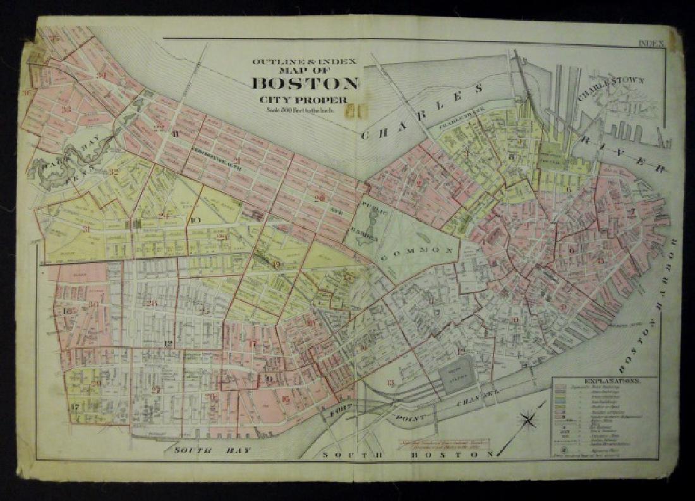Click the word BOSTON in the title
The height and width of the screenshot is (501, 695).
point(306,83)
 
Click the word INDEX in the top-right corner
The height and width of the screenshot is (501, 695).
point(650,44)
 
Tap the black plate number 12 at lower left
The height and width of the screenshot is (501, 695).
point(168,344)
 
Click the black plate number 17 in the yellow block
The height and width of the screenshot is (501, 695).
point(75,406)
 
